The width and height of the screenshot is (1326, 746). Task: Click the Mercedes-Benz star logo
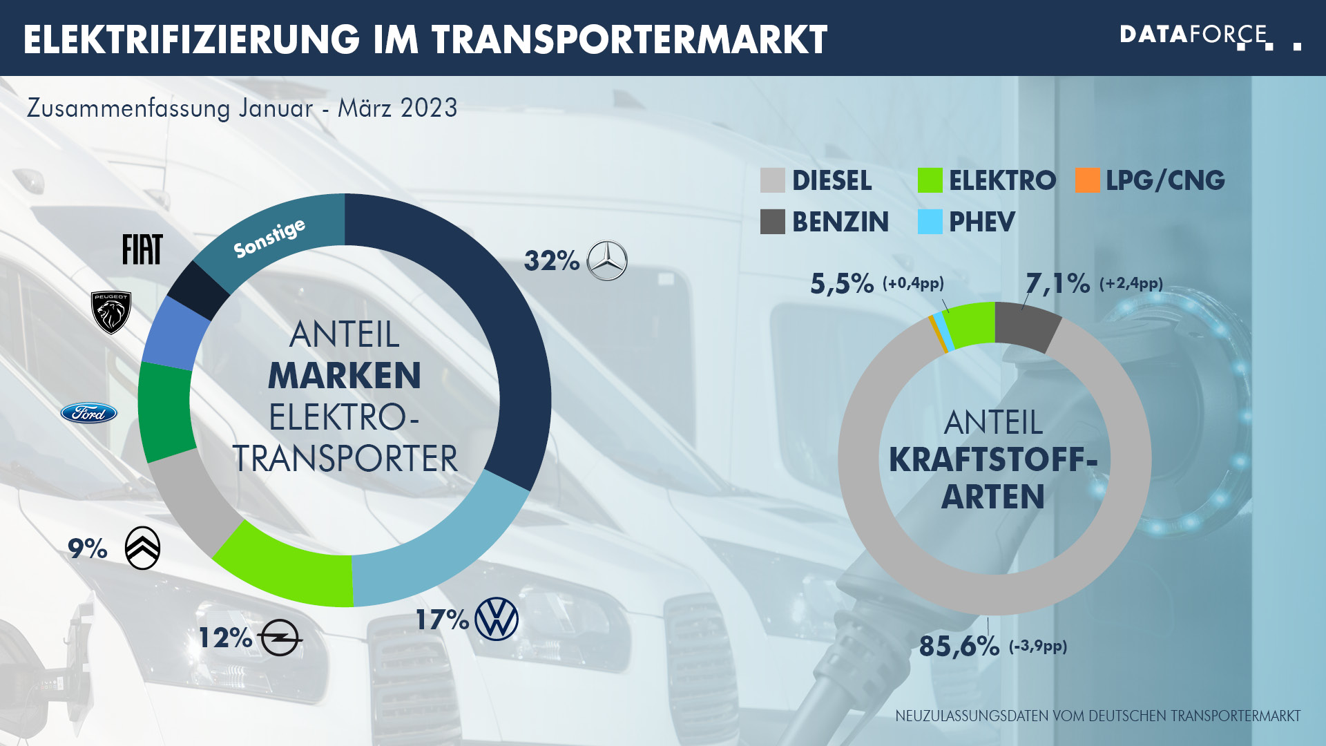tap(607, 260)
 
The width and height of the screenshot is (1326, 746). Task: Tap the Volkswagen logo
tap(497, 619)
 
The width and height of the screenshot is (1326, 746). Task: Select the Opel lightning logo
tap(280, 637)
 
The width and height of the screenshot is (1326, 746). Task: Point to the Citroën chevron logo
tap(143, 548)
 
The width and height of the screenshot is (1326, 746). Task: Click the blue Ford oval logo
tap(89, 413)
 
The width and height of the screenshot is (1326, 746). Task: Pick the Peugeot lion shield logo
tap(111, 312)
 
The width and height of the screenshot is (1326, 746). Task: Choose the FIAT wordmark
tap(142, 249)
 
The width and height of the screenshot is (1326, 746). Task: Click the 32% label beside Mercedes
tap(551, 261)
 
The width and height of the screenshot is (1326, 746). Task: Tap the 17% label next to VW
tap(442, 620)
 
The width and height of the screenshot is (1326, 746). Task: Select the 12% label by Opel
tap(225, 638)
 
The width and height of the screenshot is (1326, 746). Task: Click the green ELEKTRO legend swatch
tap(930, 180)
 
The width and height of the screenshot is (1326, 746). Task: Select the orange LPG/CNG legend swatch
tap(1087, 180)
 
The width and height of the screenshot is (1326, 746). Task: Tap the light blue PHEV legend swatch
tap(930, 222)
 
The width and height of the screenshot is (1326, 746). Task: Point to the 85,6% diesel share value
tap(959, 647)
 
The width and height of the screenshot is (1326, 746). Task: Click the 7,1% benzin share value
tap(1057, 283)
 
